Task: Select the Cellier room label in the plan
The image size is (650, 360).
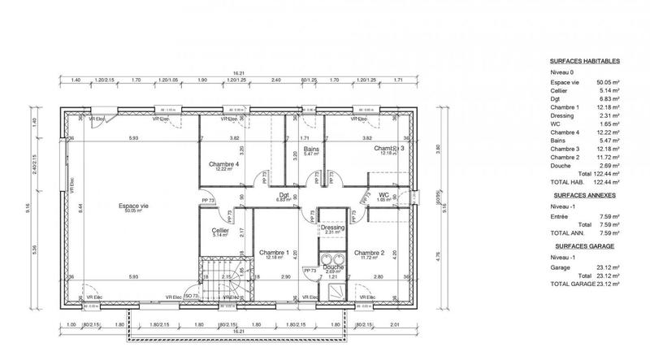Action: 220,231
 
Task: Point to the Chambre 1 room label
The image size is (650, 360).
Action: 274,253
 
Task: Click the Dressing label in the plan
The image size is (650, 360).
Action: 333,228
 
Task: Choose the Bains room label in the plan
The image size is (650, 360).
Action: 310,150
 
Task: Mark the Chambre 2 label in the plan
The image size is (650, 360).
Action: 369,252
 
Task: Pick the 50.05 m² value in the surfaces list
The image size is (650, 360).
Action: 608,82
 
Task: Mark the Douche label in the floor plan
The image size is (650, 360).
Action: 332,267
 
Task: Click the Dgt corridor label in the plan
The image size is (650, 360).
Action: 284,195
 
